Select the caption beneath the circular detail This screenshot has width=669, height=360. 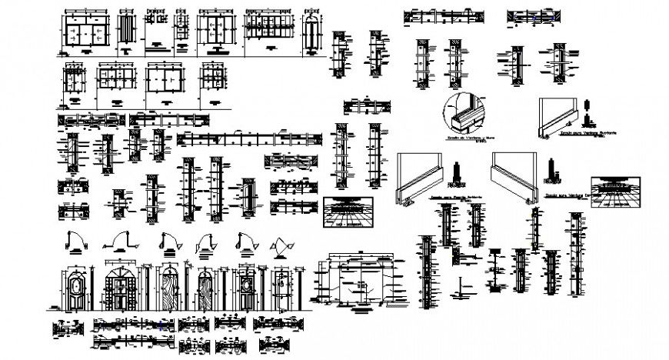point(460,138)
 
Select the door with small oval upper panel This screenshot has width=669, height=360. point(246,289)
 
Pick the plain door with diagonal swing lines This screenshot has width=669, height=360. point(282,290)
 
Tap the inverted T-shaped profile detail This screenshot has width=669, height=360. point(459,289)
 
